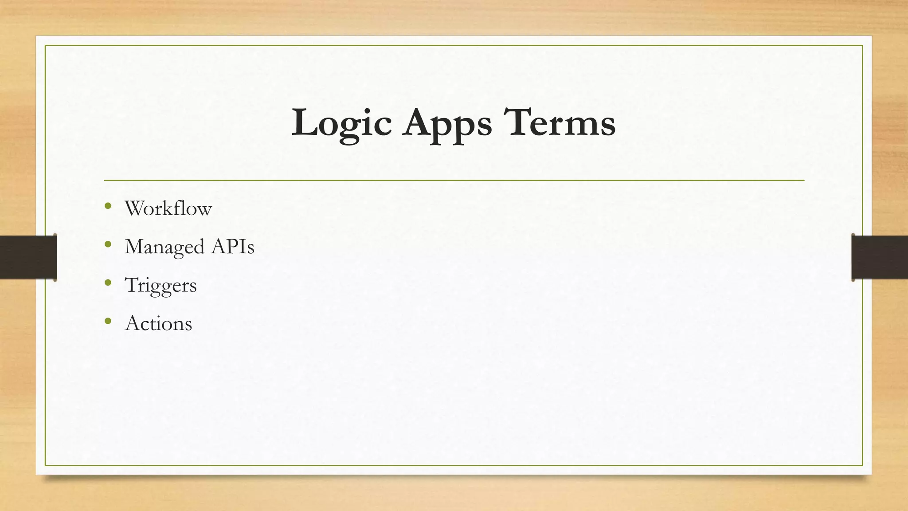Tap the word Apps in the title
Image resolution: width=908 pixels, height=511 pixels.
click(x=447, y=123)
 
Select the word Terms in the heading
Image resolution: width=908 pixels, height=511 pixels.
click(x=560, y=122)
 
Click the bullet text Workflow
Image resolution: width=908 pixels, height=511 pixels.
click(x=168, y=208)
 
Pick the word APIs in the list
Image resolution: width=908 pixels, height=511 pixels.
click(x=233, y=247)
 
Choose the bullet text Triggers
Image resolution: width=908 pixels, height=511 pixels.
click(x=161, y=285)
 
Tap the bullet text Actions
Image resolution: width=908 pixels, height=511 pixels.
click(x=159, y=323)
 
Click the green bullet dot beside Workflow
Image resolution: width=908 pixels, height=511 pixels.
click(x=108, y=206)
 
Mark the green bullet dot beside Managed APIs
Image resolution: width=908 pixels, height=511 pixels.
click(x=108, y=244)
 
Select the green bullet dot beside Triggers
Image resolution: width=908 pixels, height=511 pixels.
click(x=108, y=283)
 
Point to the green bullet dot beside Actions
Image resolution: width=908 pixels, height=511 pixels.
click(x=108, y=321)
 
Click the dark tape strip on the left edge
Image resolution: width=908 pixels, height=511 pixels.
click(x=28, y=257)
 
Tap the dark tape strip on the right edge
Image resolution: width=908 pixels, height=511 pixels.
click(x=880, y=257)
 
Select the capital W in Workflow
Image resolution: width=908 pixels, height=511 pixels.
click(x=136, y=208)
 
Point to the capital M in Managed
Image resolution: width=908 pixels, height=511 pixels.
click(x=135, y=247)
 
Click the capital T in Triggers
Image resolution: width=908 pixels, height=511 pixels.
click(x=132, y=285)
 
